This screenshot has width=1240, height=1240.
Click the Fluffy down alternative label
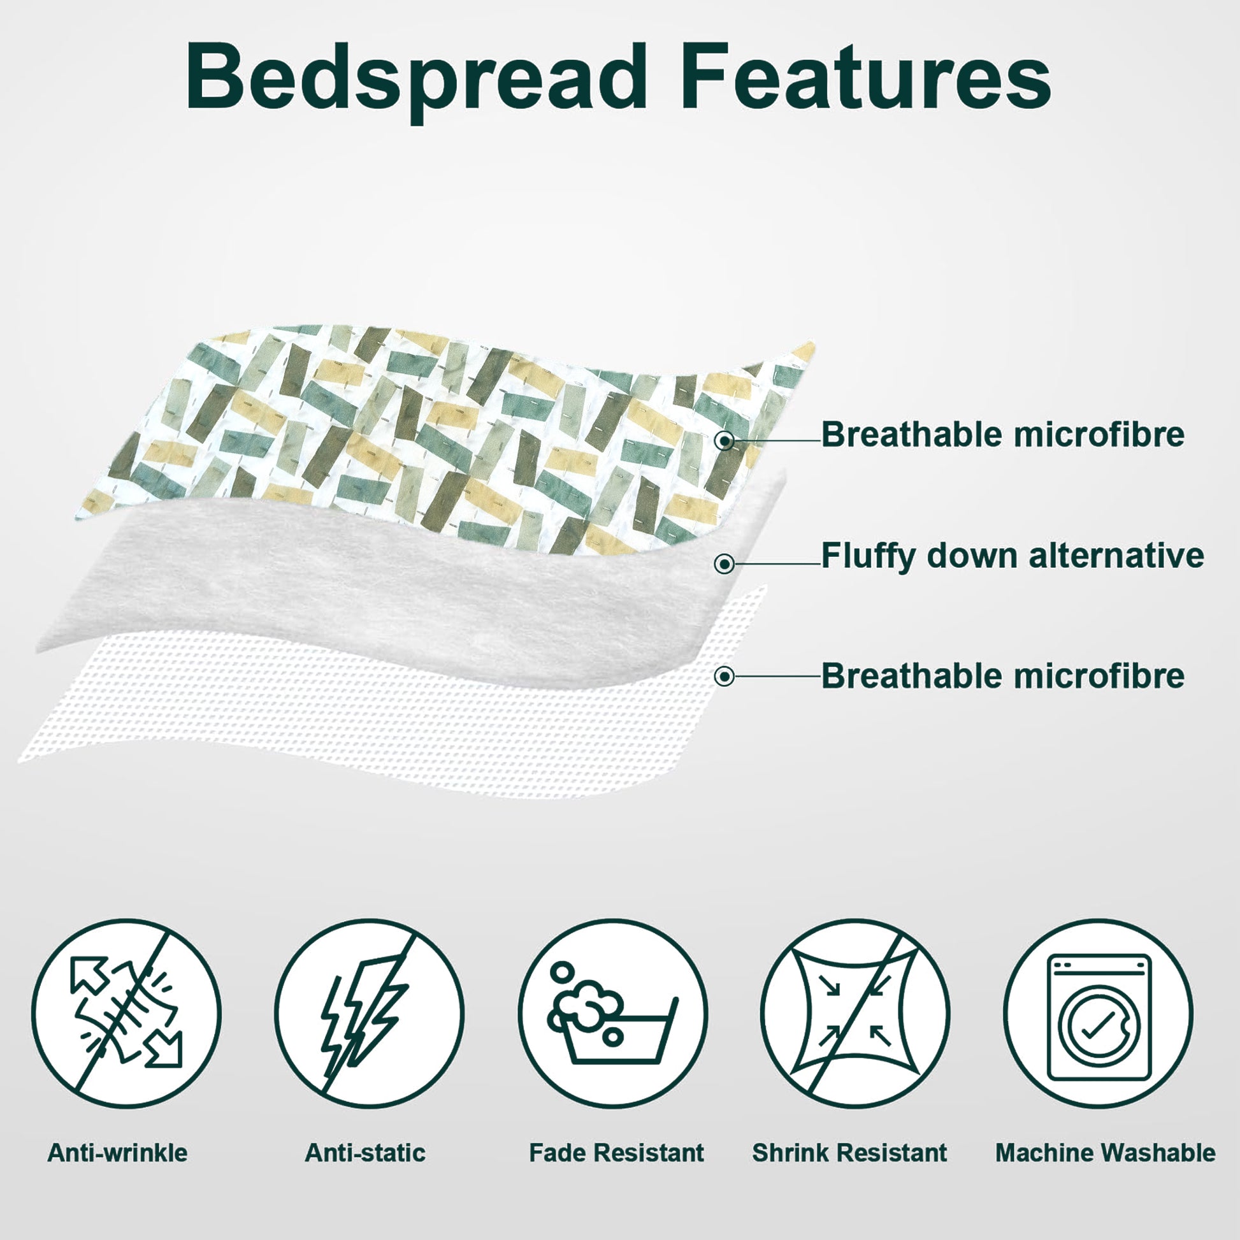pos(1013,555)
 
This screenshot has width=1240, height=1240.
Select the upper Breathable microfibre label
pos(1003,435)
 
